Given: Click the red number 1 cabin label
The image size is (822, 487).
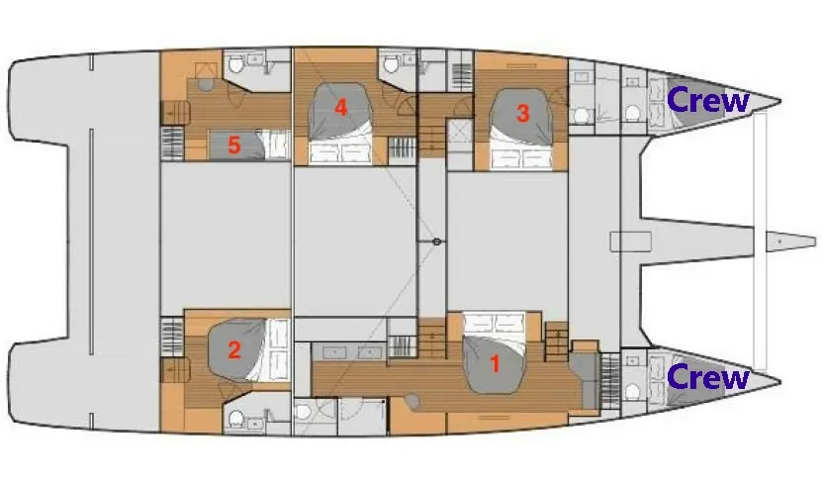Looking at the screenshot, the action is coord(495,363).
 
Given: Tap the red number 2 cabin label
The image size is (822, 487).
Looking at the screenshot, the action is coord(233,350).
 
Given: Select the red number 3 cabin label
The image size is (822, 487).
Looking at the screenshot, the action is coord(522,114).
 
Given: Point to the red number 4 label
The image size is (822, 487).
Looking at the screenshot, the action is coord(340,108).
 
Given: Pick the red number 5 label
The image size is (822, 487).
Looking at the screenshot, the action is coord(233,146).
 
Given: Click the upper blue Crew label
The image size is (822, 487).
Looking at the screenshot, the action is coord(707,100).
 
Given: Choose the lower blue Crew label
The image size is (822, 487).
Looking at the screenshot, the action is coord(707,377).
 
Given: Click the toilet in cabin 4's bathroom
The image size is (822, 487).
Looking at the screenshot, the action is coord(391,64).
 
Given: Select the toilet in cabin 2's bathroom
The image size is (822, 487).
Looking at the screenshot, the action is coord(235,419).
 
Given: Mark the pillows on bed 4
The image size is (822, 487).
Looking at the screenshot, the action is coord(340,153).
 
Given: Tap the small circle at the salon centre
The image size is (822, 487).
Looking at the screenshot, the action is coord(436,242).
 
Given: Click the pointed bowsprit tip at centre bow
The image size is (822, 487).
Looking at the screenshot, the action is coord(815,242).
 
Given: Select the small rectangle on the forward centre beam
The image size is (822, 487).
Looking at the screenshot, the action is coord(631,242).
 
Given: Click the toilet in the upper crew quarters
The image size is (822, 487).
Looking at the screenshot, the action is coord(633,113).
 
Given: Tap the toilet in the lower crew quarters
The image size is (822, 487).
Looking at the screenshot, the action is coord(633,391).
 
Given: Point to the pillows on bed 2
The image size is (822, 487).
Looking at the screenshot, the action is coord(278,348).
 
